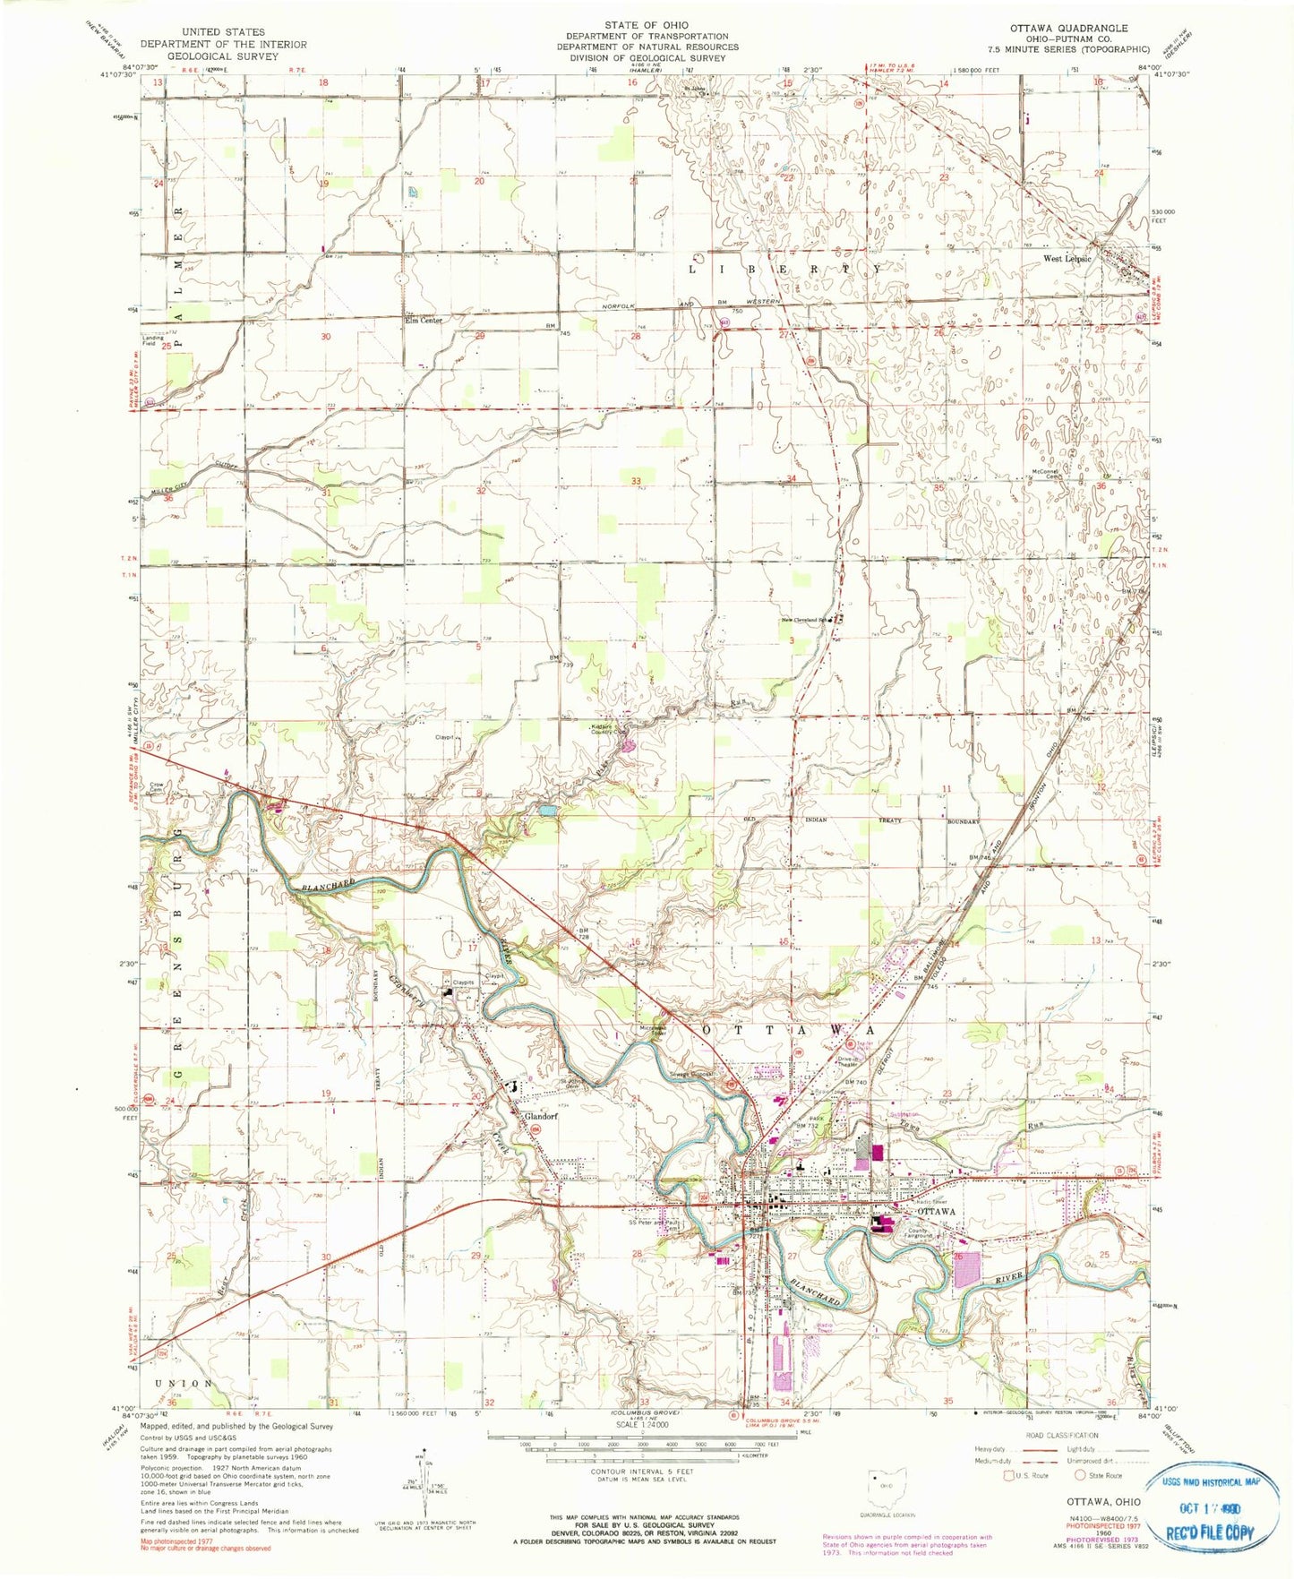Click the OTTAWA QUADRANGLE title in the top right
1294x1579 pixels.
coord(1068,28)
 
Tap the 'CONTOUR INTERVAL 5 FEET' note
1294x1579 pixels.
coord(642,1497)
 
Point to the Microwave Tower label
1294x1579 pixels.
coord(656,1030)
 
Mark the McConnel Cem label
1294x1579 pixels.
coord(1046,475)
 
